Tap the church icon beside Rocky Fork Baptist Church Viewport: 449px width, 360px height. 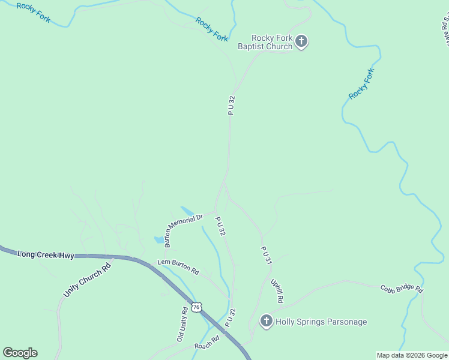pos(301,41)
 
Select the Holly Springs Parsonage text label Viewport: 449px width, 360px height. pos(321,322)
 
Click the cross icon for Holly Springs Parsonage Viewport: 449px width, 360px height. pos(266,322)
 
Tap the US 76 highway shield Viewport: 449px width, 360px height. pos(196,307)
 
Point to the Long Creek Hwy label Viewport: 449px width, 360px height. pos(46,255)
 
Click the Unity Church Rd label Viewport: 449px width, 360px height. pos(87,281)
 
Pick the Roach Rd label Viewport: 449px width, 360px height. pos(207,346)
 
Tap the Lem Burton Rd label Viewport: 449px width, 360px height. pos(178,266)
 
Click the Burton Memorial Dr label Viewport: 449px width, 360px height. pos(184,230)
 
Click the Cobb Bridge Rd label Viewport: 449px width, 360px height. pos(402,289)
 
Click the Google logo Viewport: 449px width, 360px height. pos(20,353)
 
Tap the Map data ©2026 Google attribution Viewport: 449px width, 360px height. pos(412,355)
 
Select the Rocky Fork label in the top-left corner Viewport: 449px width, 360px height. pos(34,13)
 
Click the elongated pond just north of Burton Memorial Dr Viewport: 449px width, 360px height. pos(187,211)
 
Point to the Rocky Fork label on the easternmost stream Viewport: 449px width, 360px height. pos(361,84)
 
